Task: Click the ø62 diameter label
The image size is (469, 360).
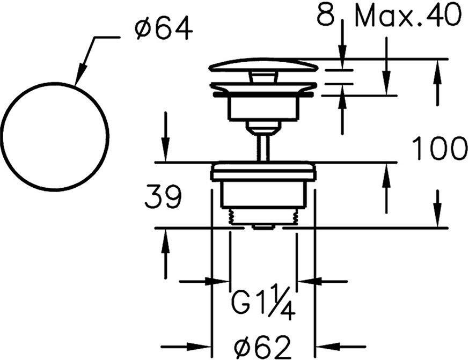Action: [263, 346]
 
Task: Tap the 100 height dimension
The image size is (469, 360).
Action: [439, 149]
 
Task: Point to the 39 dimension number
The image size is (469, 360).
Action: [163, 198]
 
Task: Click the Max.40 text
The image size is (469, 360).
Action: [408, 17]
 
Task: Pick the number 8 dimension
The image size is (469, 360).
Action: [326, 16]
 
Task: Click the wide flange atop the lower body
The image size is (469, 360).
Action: [263, 172]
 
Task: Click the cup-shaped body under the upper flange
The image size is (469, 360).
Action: [263, 108]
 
